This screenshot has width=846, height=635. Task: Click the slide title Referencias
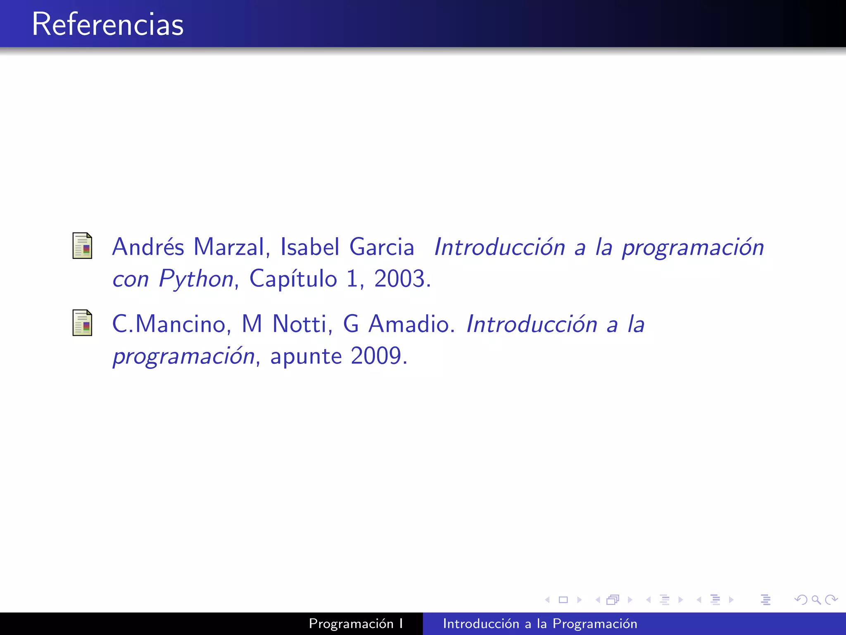click(x=107, y=24)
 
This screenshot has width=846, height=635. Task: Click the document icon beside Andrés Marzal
click(x=82, y=246)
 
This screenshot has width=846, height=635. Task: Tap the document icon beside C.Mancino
click(x=82, y=322)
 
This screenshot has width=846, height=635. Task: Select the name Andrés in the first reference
click(x=148, y=247)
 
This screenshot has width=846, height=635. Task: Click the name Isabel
click(x=310, y=247)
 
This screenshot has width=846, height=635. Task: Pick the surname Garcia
click(x=381, y=247)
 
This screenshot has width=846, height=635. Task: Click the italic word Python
click(x=196, y=279)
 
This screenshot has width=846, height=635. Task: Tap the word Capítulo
click(x=293, y=279)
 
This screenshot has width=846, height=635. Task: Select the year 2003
click(x=399, y=279)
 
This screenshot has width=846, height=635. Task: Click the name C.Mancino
click(x=169, y=324)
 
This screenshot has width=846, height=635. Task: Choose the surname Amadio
click(x=411, y=324)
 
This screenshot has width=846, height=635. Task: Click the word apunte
click(x=306, y=356)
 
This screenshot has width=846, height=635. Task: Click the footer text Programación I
click(x=356, y=623)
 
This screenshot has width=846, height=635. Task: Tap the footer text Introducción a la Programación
click(x=540, y=623)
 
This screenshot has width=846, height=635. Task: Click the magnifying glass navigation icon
click(x=816, y=599)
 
